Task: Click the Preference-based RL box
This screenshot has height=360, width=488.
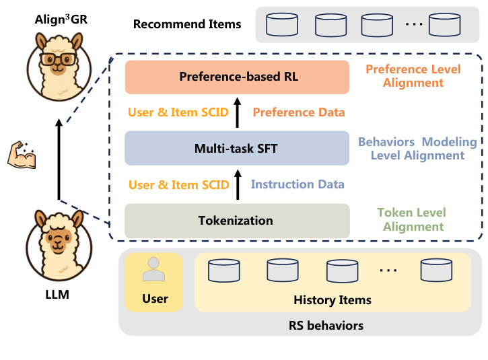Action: click(237, 77)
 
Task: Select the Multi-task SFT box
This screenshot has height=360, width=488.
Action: click(237, 148)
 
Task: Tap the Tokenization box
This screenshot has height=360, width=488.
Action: click(237, 221)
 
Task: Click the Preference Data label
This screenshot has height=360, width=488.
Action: click(299, 112)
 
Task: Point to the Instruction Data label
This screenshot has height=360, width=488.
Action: click(298, 184)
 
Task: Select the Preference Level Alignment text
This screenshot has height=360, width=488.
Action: click(413, 76)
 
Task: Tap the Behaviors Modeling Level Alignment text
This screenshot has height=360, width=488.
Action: click(417, 149)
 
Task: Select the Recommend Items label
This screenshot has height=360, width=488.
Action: click(187, 24)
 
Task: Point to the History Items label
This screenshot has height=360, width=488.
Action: click(332, 299)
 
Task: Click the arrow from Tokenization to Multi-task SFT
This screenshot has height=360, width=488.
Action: click(237, 184)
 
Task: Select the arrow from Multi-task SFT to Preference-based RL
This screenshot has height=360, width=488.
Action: click(237, 112)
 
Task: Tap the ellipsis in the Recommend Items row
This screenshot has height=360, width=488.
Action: click(414, 24)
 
